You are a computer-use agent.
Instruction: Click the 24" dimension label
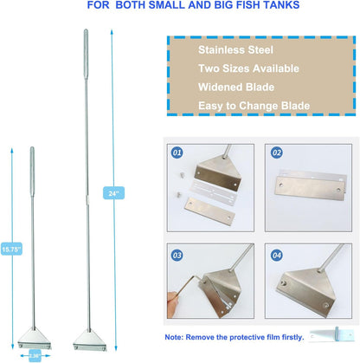pos(113,193)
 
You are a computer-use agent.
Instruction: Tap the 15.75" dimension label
pos(11,249)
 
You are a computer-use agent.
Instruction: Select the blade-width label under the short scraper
pos(35,355)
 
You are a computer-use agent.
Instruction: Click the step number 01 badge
pos(177,152)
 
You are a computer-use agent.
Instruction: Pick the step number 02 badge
pos(276,152)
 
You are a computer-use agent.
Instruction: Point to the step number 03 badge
pos(177,256)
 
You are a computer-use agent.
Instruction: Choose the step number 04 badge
pos(276,256)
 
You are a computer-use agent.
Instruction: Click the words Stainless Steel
pos(235,50)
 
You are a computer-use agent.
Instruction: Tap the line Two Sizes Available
pos(248,68)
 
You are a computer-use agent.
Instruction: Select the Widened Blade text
pos(236,87)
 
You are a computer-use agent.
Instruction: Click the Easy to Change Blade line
pos(254,106)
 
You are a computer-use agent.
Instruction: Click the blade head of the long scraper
pos(90,340)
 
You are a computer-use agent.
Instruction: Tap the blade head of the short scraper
pos(35,338)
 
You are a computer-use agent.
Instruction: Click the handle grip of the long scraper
pos(86,54)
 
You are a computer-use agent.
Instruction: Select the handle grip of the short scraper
pos(32,172)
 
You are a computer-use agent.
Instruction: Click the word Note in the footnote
pos(173,337)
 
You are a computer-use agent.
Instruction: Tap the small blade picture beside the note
pos(331,334)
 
